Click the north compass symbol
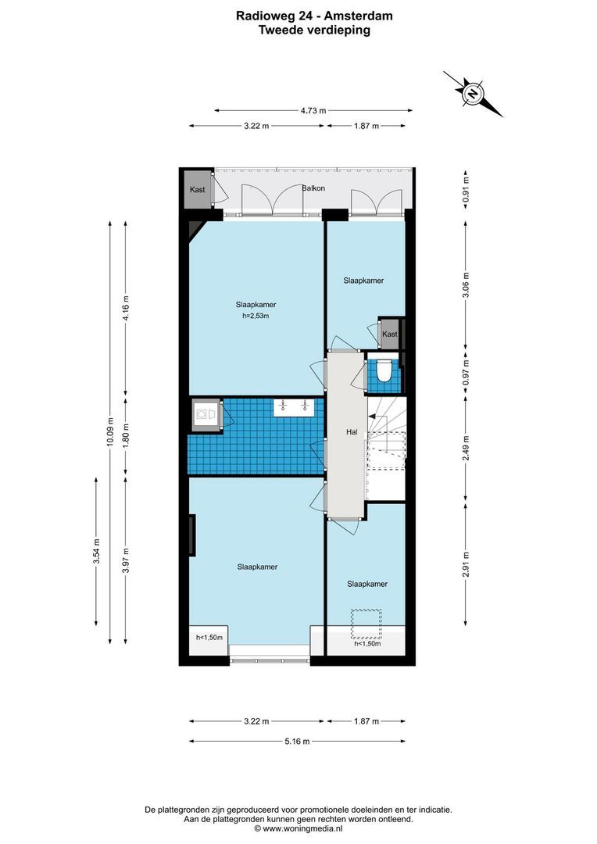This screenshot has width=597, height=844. coord(473,94)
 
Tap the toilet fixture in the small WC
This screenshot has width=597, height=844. coord(384,371)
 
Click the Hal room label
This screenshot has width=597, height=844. coord(352,431)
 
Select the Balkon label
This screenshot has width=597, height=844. coord(313,188)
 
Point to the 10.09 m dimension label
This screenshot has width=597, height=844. coord(110,432)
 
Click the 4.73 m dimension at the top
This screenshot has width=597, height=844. coord(313,111)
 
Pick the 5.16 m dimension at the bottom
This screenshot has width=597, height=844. coord(297,741)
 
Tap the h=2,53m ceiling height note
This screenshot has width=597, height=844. coord(256,316)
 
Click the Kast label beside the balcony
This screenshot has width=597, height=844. coord(198,189)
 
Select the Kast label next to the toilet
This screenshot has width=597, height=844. coord(390,334)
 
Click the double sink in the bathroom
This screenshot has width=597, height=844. coord(294,406)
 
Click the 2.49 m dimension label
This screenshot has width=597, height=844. coord(466,448)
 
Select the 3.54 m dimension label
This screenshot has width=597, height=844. coord(96,551)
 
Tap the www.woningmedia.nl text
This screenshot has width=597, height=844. coord(302,829)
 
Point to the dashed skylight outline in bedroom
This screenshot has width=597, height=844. coord(366,624)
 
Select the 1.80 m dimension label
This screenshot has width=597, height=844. coord(126,436)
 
